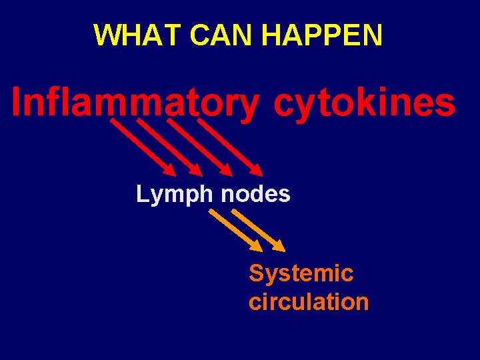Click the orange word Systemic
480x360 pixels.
click(301, 273)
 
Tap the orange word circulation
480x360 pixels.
click(308, 301)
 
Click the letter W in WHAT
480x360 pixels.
click(106, 35)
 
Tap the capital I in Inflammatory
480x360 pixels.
click(17, 104)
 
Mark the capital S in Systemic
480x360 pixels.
click(256, 273)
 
